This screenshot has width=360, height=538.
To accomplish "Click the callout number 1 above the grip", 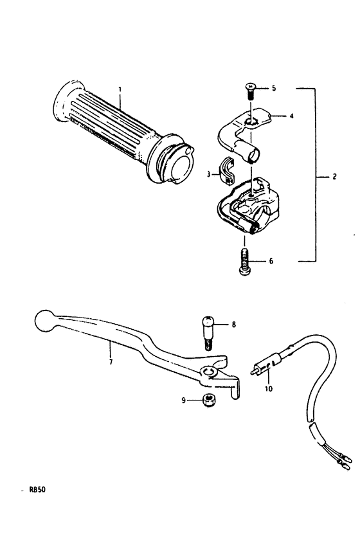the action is [120, 89].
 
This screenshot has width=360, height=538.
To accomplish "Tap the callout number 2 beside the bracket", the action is [334, 177].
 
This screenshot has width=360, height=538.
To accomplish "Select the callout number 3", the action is [208, 175].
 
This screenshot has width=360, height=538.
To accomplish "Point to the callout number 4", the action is [292, 116].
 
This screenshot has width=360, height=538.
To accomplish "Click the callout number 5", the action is [273, 89].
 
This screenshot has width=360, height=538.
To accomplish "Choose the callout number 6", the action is [271, 262].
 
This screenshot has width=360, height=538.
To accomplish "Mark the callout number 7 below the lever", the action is [111, 362].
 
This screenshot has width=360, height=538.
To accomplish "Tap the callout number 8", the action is [234, 324].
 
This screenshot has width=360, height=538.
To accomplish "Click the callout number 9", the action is [184, 400].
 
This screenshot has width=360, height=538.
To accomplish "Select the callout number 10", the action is [269, 389].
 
